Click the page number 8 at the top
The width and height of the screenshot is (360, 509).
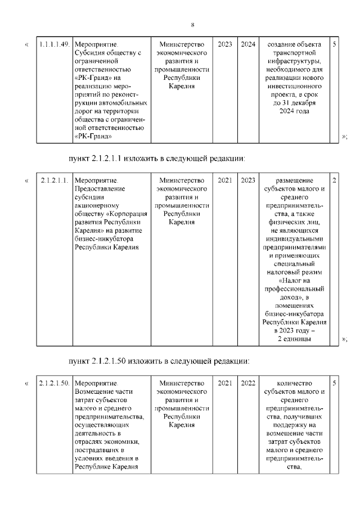click(x=192, y=25)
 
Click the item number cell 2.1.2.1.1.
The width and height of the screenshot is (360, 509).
click(x=54, y=181)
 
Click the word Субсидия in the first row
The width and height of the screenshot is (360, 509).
click(x=91, y=53)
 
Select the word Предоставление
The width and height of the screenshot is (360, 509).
click(x=99, y=190)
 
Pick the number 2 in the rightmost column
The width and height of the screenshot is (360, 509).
click(x=335, y=181)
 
